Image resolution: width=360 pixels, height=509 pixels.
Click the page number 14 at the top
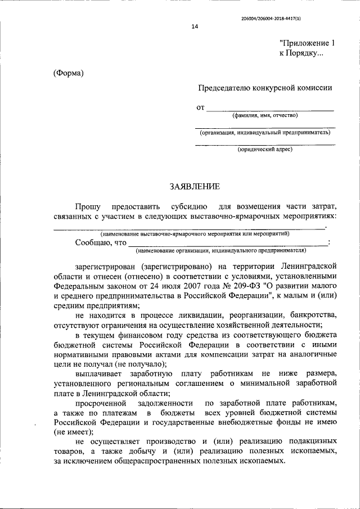pyautogui.click(x=195, y=26)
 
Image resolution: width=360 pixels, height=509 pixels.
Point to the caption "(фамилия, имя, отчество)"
pyautogui.click(x=265, y=115)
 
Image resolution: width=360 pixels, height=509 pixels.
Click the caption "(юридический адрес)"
pyautogui.click(x=265, y=149)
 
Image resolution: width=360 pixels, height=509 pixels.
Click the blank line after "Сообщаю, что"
pyautogui.click(x=227, y=243)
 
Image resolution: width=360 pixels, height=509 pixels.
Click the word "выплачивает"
pyautogui.click(x=97, y=373)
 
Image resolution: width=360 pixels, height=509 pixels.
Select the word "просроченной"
pyautogui.click(x=100, y=403)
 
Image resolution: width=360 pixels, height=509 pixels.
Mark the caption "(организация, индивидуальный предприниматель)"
pyautogui.click(x=265, y=133)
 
